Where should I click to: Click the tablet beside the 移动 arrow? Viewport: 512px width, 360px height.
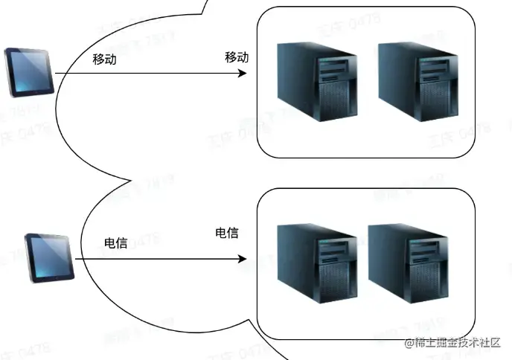point(28,72)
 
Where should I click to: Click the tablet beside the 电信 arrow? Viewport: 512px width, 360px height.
point(51,257)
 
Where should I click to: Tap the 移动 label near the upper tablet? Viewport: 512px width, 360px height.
point(104,60)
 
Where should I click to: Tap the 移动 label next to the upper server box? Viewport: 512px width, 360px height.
point(237,57)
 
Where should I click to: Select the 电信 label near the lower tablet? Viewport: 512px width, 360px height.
point(116,242)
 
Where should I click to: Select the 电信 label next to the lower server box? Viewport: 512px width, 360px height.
point(226,233)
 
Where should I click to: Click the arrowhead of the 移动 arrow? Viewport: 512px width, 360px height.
point(242,74)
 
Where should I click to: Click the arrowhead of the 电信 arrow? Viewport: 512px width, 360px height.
point(242,260)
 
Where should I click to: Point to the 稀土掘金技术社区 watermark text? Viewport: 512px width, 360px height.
point(452,344)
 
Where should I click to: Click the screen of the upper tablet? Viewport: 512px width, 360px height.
point(29,71)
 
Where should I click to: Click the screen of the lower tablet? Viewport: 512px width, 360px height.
point(51,255)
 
